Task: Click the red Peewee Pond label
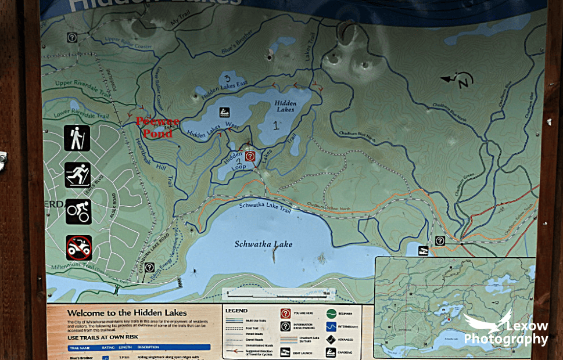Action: point(157,127)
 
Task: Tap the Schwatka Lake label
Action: point(263,244)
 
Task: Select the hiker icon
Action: point(77,138)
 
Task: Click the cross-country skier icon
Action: point(77,175)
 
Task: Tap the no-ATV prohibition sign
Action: point(78,248)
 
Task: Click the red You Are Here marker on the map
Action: point(250,156)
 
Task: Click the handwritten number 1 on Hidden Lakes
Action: point(275,124)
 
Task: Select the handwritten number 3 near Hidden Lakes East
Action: point(227,78)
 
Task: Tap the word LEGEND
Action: point(236,311)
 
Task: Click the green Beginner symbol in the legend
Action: point(331,314)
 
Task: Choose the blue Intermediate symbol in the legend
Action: point(331,327)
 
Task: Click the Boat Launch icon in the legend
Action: point(285,352)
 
